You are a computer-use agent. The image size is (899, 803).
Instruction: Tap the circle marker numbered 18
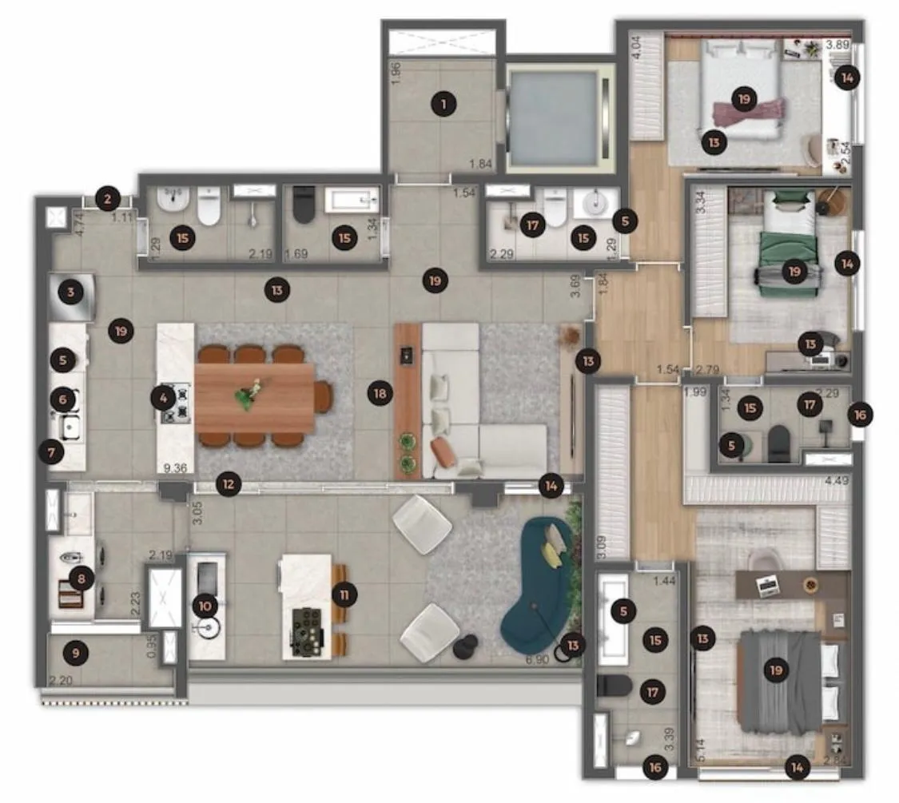pyautogui.click(x=380, y=392)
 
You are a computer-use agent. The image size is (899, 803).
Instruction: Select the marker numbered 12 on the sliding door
pyautogui.click(x=229, y=483)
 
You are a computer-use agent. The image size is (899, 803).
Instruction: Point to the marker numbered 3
pyautogui.click(x=71, y=292)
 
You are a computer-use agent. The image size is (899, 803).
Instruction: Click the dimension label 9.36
pyautogui.click(x=174, y=468)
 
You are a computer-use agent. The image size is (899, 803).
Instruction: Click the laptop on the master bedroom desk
pyautogui.click(x=769, y=587)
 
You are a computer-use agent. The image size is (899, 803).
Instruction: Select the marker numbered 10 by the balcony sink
pyautogui.click(x=205, y=606)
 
